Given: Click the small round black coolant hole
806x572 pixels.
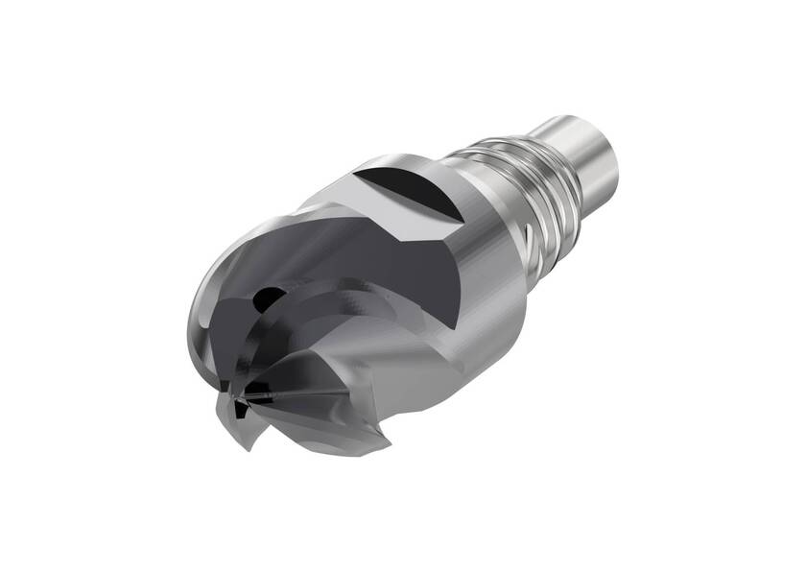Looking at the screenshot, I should (x=272, y=299).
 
